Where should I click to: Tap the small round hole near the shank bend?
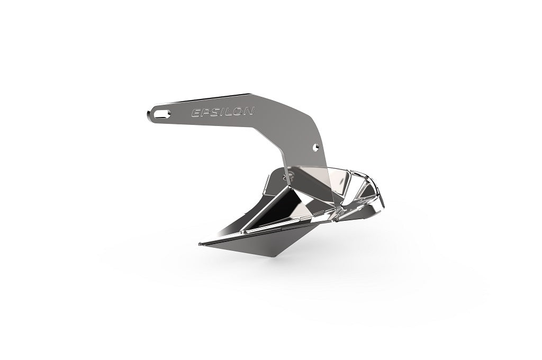316,145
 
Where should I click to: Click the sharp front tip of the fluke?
199,244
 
